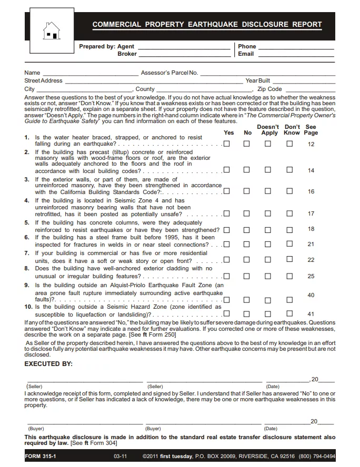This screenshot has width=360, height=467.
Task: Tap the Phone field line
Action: pyautogui.click(x=296, y=48)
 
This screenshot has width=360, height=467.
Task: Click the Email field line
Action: pyautogui.click(x=296, y=55)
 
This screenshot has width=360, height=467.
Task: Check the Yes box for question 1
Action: pyautogui.click(x=227, y=144)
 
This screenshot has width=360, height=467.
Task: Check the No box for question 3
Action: pyautogui.click(x=246, y=191)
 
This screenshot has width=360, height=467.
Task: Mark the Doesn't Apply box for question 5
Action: pyautogui.click(x=268, y=230)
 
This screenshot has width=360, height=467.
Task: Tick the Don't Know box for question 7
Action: pyautogui.click(x=289, y=260)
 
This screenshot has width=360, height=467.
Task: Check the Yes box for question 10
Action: pyautogui.click(x=227, y=314)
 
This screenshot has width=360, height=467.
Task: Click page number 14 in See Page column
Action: pyautogui.click(x=311, y=170)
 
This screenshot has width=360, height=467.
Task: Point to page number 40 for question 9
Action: pyautogui.click(x=311, y=296)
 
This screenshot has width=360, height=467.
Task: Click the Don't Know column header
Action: pyautogui.click(x=292, y=129)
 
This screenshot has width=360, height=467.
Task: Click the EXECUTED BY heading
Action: pyautogui.click(x=48, y=364)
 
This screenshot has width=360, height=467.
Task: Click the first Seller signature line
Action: pyautogui.click(x=84, y=381)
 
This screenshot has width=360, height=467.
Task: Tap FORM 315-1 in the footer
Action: pyautogui.click(x=41, y=456)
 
